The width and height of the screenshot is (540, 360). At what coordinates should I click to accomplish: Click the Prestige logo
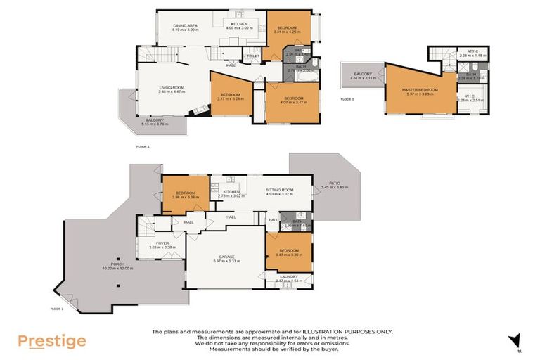tap(52, 342)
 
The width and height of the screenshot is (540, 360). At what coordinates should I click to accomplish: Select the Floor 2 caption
tap(143, 146)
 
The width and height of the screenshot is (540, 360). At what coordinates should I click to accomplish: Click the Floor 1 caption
tap(57, 309)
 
